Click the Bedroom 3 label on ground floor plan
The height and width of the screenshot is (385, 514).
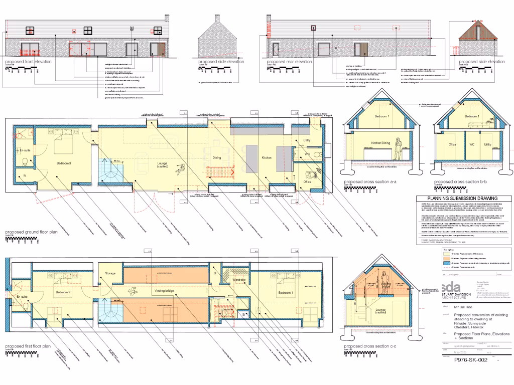[63, 163]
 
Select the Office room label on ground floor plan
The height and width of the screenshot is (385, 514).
[308, 181]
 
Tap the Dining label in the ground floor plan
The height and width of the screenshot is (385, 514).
[217, 158]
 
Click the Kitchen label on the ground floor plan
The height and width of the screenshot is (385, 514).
[267, 158]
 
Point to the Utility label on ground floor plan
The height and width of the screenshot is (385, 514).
[307, 141]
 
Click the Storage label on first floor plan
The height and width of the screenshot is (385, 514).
[110, 273]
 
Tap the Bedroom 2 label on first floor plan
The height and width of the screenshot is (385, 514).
[63, 292]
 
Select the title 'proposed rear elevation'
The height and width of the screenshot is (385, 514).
[289, 61]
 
